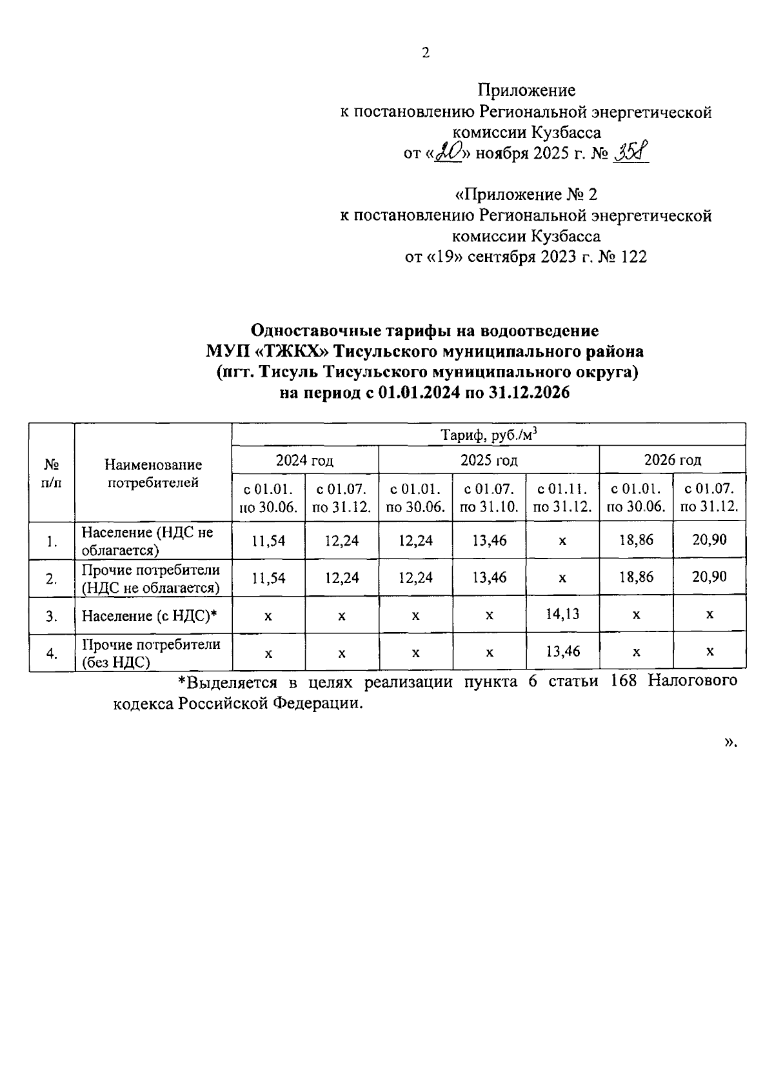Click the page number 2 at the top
[425, 54]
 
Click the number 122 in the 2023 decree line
[632, 257]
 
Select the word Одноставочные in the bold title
[315, 331]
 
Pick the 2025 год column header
[488, 460]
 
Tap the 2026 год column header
[672, 460]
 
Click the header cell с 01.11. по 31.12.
[562, 497]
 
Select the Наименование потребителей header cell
[153, 473]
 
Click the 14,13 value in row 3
[562, 614]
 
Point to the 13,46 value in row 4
[562, 651]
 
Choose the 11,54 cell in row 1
[268, 540]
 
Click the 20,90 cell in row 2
[709, 577]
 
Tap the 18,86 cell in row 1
[636, 540]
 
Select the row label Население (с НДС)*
[148, 616]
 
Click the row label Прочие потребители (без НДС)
[151, 653]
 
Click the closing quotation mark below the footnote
[729, 742]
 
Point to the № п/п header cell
[52, 473]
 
